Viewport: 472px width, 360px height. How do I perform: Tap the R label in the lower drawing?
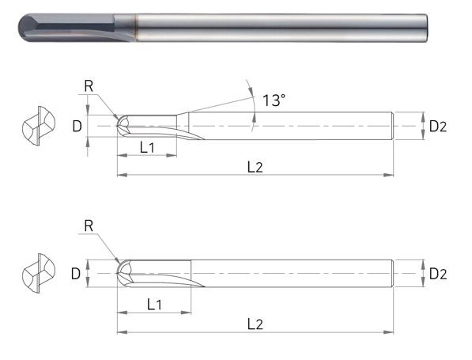click(x=89, y=225)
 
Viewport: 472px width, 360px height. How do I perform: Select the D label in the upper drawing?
click(x=76, y=126)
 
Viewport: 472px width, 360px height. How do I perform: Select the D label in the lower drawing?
click(x=76, y=274)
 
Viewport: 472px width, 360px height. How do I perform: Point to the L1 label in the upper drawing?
click(x=147, y=146)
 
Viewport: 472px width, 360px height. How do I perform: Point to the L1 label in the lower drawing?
click(x=156, y=304)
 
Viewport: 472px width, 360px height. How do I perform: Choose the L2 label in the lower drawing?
click(x=255, y=324)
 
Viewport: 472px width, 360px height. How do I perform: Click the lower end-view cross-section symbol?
click(x=37, y=274)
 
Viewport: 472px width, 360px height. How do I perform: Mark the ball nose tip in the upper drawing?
click(x=119, y=126)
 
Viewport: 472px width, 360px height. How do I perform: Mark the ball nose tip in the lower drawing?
click(x=119, y=274)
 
